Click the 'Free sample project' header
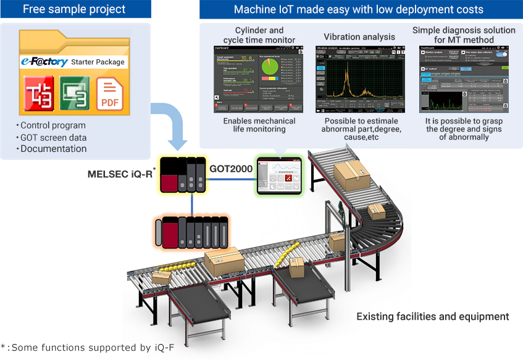tap(75, 9)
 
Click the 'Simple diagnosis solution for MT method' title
tap(463, 35)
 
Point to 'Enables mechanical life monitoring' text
tap(259, 125)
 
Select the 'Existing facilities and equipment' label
tap(432, 316)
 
